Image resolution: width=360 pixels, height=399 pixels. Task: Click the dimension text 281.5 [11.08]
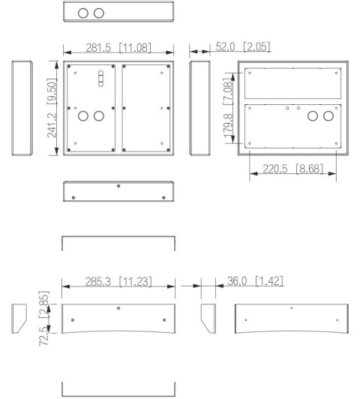(118, 48)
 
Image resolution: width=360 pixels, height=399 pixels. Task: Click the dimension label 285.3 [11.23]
(119, 282)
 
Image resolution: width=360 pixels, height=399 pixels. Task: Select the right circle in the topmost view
(99, 13)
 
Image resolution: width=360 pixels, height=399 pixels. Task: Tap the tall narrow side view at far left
(21, 109)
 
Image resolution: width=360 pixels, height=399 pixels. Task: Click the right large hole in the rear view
(327, 118)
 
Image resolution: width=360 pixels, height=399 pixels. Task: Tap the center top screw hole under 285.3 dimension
(118, 307)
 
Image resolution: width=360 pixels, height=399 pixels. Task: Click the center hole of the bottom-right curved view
(292, 308)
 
